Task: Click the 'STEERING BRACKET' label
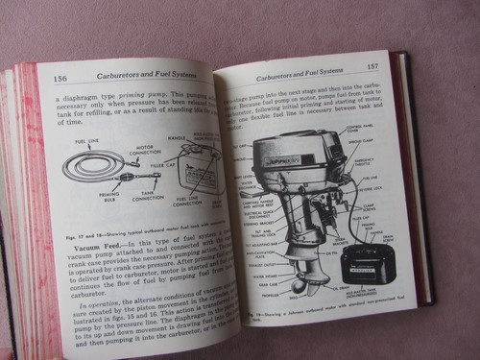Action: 252,205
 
